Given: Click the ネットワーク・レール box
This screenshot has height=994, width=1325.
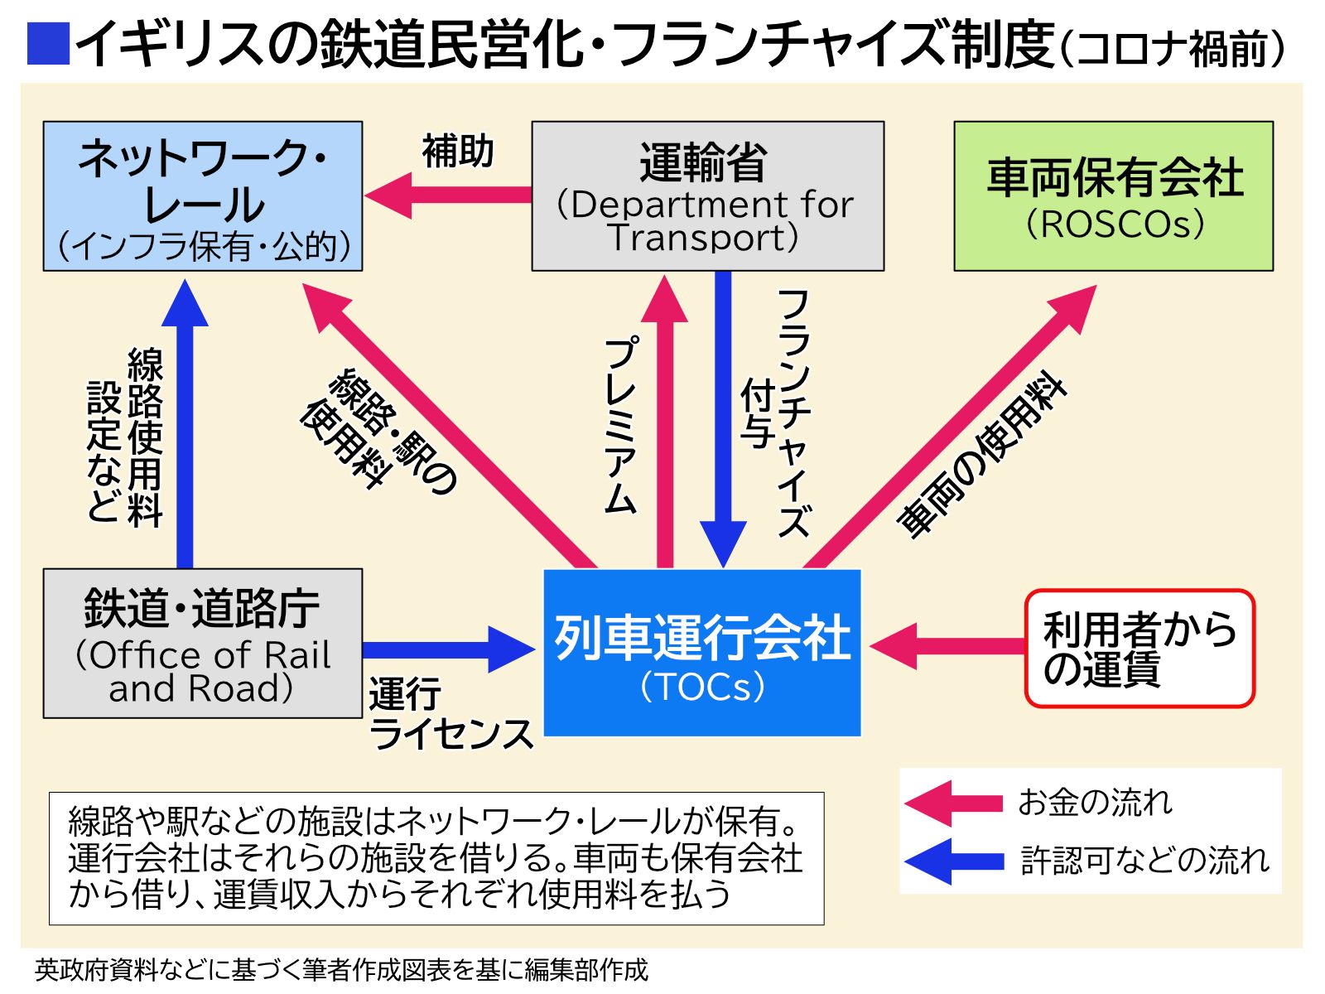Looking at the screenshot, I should pos(203,196).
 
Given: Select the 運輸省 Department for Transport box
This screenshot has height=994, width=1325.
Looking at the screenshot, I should pos(707,196).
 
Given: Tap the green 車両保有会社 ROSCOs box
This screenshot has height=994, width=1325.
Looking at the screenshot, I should pos(1113,196).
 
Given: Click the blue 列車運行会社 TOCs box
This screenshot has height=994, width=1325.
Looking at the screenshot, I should pos(702,653).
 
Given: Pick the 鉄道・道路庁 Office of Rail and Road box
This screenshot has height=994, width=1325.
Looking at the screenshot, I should pos(203,643).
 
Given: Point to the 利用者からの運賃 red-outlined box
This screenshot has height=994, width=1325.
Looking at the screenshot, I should pos(1139,649).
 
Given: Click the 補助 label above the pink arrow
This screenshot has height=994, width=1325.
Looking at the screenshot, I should pos(458,152).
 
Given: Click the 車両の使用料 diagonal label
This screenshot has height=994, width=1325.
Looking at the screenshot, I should pos(982,455).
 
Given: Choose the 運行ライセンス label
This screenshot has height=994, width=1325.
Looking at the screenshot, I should pos(449,714).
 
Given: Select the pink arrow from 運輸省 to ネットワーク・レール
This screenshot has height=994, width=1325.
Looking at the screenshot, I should pos(447,195).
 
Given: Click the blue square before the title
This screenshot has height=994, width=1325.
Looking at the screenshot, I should pos(48,44).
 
